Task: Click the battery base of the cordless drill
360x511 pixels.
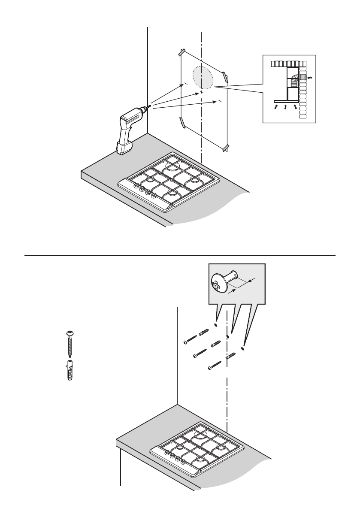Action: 124,148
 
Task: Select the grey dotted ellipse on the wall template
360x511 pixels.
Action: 203,78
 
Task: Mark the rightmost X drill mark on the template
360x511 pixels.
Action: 219,101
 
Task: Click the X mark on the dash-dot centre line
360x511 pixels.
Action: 202,92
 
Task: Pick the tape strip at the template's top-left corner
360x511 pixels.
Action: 181,53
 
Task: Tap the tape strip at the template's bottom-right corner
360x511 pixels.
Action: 225,148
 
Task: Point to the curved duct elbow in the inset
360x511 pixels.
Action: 294,80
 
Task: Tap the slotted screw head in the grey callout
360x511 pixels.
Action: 218,285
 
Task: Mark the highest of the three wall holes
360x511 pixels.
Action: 216,325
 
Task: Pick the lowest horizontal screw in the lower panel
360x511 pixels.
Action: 214,366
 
